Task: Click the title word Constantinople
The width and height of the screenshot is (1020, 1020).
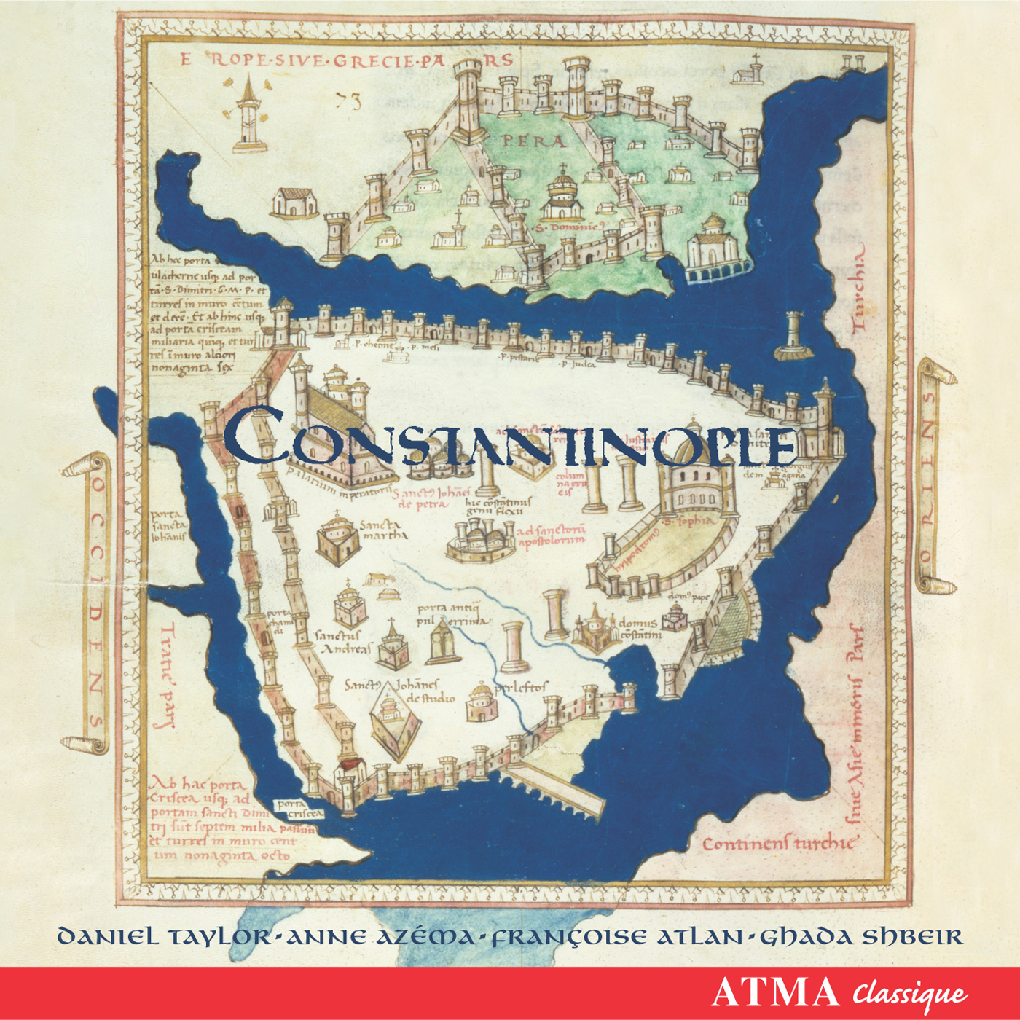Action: click(x=510, y=439)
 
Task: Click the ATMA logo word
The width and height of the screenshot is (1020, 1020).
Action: click(x=775, y=992)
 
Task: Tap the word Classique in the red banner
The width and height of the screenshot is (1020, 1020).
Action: click(x=911, y=994)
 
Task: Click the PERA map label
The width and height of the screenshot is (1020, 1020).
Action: click(x=533, y=141)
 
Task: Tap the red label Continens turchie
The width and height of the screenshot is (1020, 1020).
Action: click(x=777, y=844)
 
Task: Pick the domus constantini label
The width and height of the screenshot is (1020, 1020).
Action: click(x=639, y=629)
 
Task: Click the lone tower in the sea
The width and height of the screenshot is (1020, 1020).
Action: click(x=793, y=336)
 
